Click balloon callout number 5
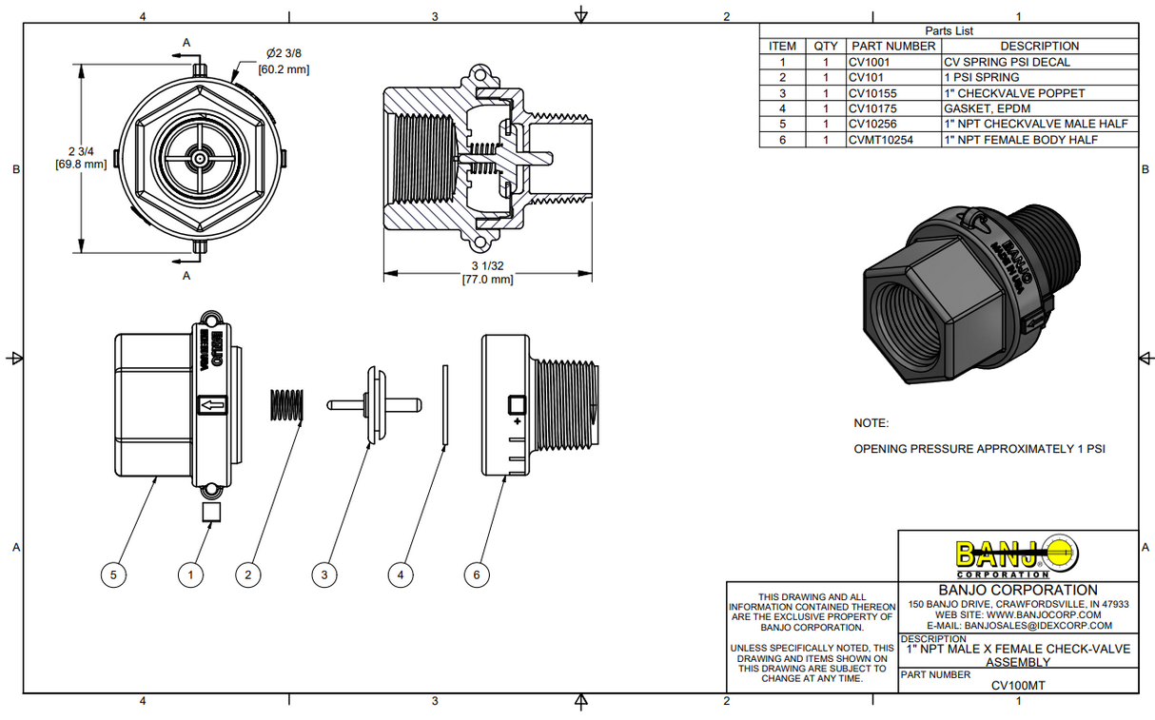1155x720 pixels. click(x=113, y=574)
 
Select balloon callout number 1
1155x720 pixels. click(x=191, y=574)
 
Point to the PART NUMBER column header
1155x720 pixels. click(x=893, y=46)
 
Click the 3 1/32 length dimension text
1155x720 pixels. click(x=487, y=266)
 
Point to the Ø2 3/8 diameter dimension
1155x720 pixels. click(x=284, y=53)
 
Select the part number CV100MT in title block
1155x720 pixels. click(x=1017, y=684)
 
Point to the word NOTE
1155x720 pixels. click(x=871, y=423)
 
